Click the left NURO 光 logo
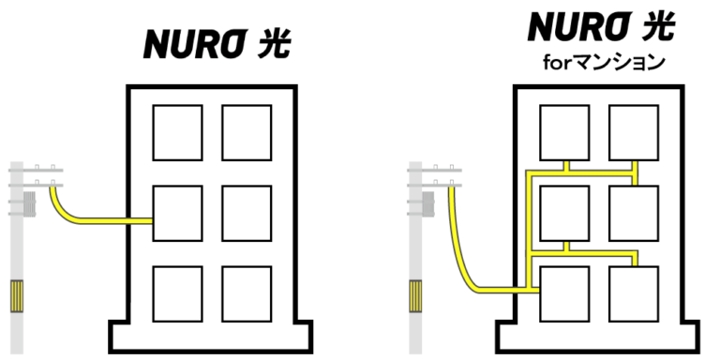tap(217, 45)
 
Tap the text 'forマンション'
tap(604, 63)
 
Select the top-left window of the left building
tap(178, 133)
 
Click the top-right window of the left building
tap(247, 133)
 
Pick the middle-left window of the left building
tap(178, 213)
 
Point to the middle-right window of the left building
tap(247, 213)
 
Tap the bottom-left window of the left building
tap(178, 293)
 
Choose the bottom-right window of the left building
tap(247, 293)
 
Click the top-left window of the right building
tap(564, 133)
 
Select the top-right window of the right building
tap(634, 133)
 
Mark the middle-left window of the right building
tap(564, 213)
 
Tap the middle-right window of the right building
tap(634, 213)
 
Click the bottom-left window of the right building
tap(564, 293)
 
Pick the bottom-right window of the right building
tap(634, 293)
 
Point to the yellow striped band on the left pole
tap(17, 296)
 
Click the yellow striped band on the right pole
tap(415, 296)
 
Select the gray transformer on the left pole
tap(29, 204)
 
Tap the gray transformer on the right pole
tap(427, 204)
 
